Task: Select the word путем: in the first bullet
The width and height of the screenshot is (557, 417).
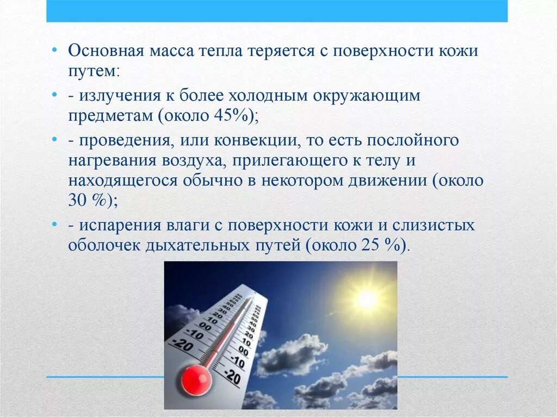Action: click(95, 71)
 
